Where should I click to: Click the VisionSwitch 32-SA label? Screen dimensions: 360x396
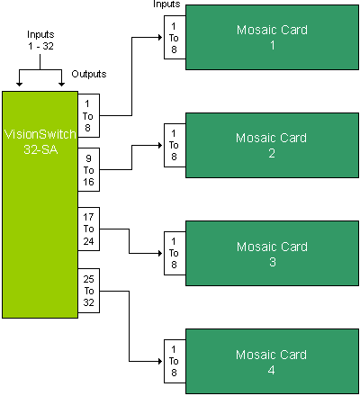pyautogui.click(x=40, y=141)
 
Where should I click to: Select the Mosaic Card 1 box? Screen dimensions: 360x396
pyautogui.click(x=272, y=38)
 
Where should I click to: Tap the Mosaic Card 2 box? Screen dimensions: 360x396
pyautogui.click(x=272, y=145)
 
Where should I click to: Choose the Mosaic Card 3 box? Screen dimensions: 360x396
pyautogui.click(x=272, y=253)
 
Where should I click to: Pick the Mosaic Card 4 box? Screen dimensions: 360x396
pyautogui.click(x=272, y=361)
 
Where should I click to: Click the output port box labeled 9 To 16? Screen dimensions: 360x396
pyautogui.click(x=89, y=169)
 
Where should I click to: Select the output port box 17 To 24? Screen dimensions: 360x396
pyautogui.click(x=89, y=229)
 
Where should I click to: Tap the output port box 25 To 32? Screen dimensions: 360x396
pyautogui.click(x=89, y=291)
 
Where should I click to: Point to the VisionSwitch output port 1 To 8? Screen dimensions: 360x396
pyautogui.click(x=89, y=115)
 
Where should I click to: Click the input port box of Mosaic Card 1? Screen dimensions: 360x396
pyautogui.click(x=175, y=38)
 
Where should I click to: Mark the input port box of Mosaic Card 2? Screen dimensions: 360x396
pyautogui.click(x=175, y=145)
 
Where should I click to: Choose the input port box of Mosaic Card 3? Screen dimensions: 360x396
pyautogui.click(x=175, y=253)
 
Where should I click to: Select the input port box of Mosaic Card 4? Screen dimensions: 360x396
pyautogui.click(x=175, y=361)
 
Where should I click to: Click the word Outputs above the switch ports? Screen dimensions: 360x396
pyautogui.click(x=89, y=74)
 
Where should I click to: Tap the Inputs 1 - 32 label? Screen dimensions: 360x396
pyautogui.click(x=40, y=40)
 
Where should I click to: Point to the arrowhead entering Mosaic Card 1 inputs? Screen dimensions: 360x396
pyautogui.click(x=160, y=38)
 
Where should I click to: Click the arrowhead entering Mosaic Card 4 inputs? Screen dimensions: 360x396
pyautogui.click(x=160, y=361)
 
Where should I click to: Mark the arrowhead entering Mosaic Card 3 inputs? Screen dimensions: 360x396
pyautogui.click(x=160, y=253)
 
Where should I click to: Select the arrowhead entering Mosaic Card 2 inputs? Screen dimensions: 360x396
pyautogui.click(x=160, y=145)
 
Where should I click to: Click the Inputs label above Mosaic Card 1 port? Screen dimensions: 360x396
pyautogui.click(x=166, y=4)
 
